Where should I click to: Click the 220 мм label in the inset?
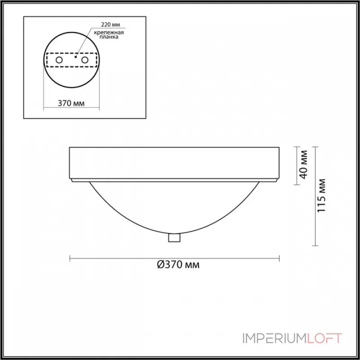pyautogui.click(x=110, y=25)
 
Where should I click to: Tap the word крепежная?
pyautogui.click(x=109, y=32)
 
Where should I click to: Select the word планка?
pyautogui.click(x=109, y=37)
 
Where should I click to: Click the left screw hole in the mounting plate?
pyautogui.click(x=59, y=60)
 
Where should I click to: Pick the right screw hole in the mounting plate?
pyautogui.click(x=85, y=60)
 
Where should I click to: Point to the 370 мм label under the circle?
pyautogui.click(x=71, y=103)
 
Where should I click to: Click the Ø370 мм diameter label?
pyautogui.click(x=178, y=265)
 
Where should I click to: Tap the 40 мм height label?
pyautogui.click(x=304, y=164)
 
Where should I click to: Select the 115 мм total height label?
pyautogui.click(x=321, y=196)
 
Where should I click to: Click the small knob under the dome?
pyautogui.click(x=174, y=238)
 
